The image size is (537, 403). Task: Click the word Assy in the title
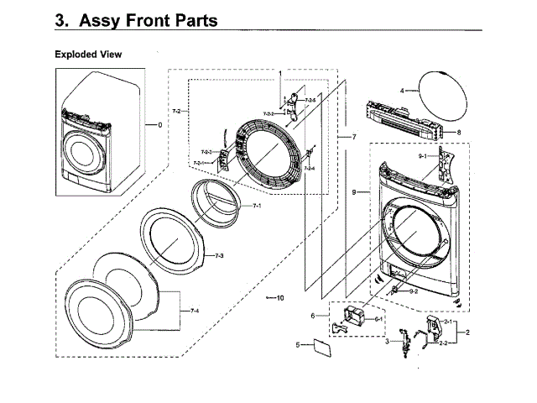106,20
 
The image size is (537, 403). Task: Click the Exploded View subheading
88,55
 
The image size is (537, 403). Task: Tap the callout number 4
402,90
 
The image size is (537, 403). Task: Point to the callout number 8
458,133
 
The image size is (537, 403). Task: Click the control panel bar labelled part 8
402,123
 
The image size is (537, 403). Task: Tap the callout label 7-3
218,254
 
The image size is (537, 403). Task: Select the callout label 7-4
194,311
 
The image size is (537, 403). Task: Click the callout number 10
280,297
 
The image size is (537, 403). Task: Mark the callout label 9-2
414,290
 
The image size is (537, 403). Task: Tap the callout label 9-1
424,156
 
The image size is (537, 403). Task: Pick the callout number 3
387,342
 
